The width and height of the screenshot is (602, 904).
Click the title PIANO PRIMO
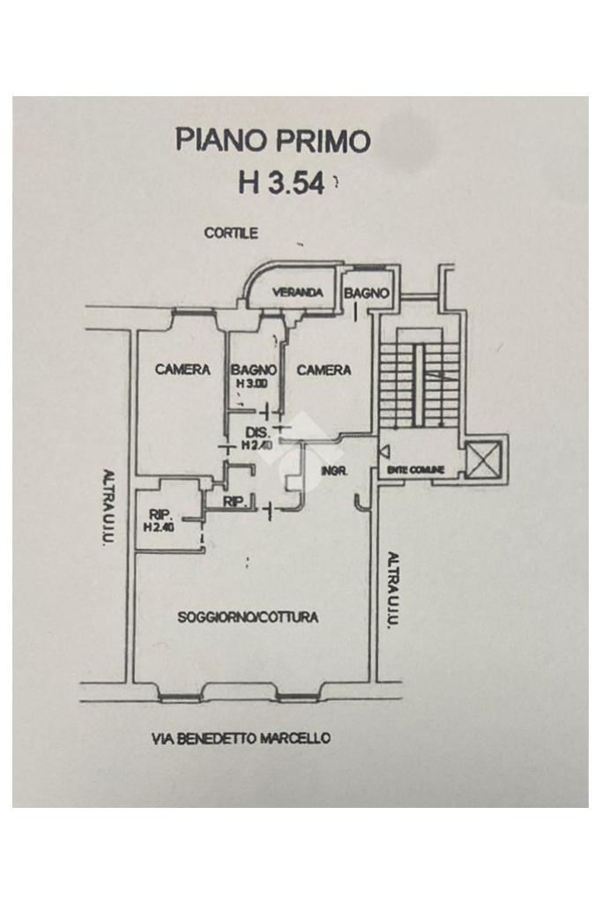(272, 140)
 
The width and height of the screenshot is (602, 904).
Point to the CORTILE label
(231, 234)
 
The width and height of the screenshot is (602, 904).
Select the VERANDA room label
(295, 293)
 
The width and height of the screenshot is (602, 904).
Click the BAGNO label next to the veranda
(366, 293)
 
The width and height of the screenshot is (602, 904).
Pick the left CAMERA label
(182, 370)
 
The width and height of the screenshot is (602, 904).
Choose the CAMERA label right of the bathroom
(323, 370)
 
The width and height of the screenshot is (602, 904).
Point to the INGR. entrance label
(336, 471)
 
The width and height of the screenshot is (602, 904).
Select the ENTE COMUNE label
(415, 470)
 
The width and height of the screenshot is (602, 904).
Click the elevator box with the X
(482, 459)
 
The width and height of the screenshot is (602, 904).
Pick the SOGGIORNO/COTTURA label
(248, 617)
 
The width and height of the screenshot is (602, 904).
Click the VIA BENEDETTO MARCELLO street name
(242, 738)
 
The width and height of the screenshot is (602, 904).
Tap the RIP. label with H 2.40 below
(160, 515)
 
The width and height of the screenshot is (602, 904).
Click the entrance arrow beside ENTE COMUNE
(383, 452)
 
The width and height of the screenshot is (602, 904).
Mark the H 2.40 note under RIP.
(160, 528)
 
